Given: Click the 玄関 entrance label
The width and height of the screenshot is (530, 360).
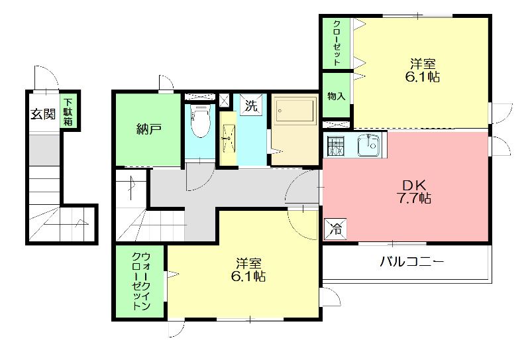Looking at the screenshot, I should click(42, 113).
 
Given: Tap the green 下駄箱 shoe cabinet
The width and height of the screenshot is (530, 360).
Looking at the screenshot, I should click(69, 112).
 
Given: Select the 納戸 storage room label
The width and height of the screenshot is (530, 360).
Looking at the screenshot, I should click(148, 129).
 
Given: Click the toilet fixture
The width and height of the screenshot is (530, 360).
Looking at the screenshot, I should click(199, 121).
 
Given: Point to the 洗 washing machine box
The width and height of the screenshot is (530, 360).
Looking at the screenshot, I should click(250, 105).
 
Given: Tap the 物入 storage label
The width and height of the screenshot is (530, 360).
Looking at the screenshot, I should click(337, 96).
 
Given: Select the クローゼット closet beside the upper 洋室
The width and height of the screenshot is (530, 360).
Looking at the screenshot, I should click(337, 42).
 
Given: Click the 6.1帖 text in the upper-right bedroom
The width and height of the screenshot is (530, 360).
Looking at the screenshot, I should click(422, 77).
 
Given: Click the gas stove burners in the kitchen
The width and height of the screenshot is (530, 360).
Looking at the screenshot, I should click(335, 146).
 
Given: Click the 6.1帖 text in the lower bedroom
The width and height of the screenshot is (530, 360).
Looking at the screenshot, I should click(248, 276).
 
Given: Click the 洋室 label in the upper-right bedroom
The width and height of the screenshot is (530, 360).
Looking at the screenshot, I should click(422, 64).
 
